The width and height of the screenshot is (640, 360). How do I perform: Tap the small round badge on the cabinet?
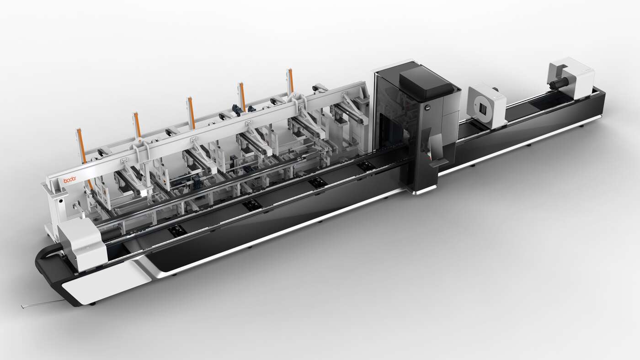427,108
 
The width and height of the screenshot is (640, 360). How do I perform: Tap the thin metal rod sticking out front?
43,304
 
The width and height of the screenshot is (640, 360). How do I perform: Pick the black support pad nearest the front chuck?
177,230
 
